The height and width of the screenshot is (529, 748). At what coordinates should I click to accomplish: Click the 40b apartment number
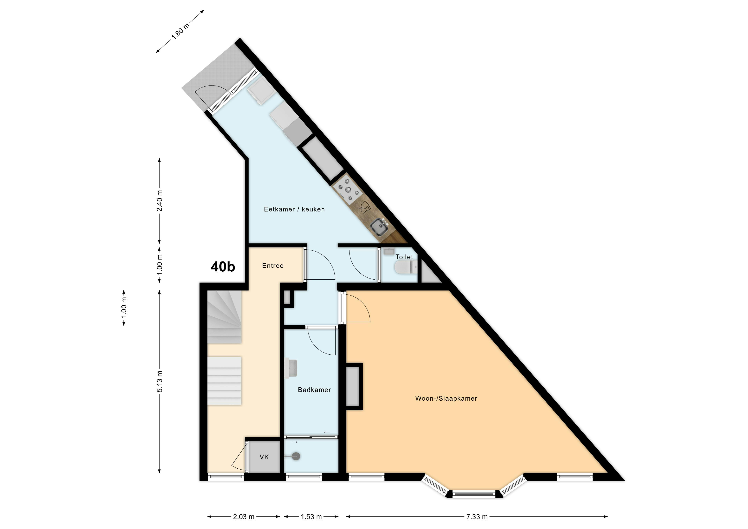pyautogui.click(x=223, y=267)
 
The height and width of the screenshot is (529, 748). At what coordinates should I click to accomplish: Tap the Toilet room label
pyautogui.click(x=404, y=257)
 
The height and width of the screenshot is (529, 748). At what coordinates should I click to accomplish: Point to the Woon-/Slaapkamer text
pyautogui.click(x=446, y=398)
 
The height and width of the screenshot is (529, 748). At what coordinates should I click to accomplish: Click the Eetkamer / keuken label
pyautogui.click(x=294, y=209)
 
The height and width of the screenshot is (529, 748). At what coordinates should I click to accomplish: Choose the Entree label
pyautogui.click(x=273, y=266)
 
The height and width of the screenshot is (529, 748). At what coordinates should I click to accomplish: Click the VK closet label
pyautogui.click(x=264, y=457)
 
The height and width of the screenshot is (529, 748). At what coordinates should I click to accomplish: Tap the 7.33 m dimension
pyautogui.click(x=477, y=517)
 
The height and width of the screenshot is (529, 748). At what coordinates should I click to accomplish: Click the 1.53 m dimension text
pyautogui.click(x=311, y=517)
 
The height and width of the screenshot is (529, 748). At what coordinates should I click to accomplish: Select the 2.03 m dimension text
pyautogui.click(x=244, y=517)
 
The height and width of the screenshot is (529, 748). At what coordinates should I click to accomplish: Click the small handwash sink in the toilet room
pyautogui.click(x=389, y=251)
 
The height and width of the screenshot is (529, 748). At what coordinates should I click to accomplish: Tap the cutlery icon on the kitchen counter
pyautogui.click(x=364, y=207)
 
